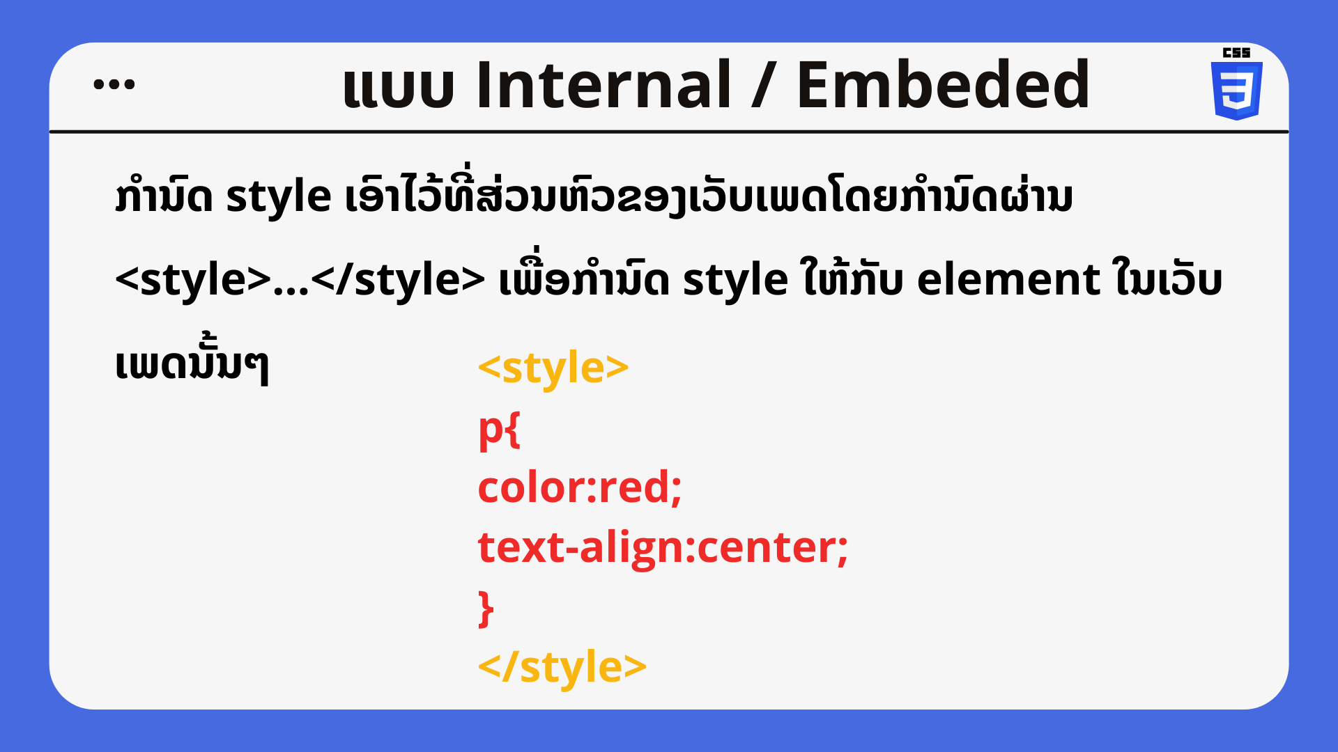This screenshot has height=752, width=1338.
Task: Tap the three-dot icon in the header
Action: point(114,84)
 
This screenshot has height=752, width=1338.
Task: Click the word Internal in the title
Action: point(603,84)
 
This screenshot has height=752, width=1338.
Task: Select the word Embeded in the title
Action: point(943,84)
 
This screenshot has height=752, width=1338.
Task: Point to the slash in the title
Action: point(764,85)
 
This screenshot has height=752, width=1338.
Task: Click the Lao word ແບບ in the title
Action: point(399,88)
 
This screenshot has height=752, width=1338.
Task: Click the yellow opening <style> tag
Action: point(553,368)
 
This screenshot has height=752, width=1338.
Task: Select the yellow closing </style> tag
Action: point(562,667)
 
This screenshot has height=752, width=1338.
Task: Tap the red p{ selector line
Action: point(499,430)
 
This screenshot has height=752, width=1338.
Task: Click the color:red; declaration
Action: point(580,487)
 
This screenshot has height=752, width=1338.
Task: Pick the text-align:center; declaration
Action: point(663,548)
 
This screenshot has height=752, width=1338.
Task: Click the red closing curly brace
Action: point(486,609)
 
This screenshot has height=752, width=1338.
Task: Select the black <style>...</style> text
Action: point(300,281)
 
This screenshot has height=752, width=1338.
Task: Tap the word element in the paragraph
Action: point(1008,280)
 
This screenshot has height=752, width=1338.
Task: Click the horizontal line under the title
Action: point(669,131)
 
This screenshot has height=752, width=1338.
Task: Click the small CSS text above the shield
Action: point(1237,52)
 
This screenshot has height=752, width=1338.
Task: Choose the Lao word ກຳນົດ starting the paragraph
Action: point(164,196)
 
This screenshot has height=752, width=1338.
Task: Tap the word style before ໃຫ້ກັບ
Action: point(735,281)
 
